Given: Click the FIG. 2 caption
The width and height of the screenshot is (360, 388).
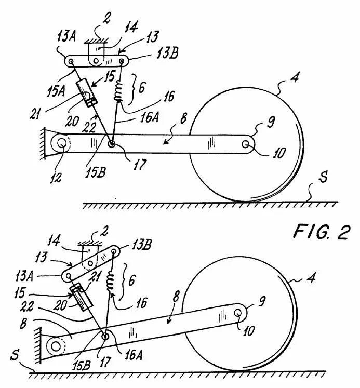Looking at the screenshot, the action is (x=322, y=232).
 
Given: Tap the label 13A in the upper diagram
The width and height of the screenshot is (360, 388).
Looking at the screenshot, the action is (x=66, y=37).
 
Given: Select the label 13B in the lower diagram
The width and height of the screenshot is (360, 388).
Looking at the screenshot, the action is (x=141, y=245).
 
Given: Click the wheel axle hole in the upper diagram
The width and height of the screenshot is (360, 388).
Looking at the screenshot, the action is (x=246, y=144).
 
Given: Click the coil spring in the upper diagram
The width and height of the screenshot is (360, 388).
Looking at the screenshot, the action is (x=118, y=91).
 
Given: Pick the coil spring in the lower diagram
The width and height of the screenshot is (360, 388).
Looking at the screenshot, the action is (x=111, y=282).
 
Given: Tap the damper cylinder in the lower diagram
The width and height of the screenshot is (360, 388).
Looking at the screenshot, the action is (x=81, y=297).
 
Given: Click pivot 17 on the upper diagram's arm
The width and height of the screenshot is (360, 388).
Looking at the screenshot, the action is (x=112, y=143).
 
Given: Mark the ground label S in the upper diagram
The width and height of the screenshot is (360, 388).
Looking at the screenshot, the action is (x=324, y=177).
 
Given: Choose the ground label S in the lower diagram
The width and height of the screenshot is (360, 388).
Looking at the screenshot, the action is (x=15, y=354).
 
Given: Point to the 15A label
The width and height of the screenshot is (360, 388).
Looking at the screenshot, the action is (x=56, y=91).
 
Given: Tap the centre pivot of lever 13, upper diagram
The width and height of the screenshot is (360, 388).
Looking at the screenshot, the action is (x=96, y=61).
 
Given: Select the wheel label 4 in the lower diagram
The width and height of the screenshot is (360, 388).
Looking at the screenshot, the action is (x=311, y=278).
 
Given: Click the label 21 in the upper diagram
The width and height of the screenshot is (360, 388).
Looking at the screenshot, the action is (x=35, y=114).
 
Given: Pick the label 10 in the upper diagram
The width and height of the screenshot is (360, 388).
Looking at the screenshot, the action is (x=279, y=153).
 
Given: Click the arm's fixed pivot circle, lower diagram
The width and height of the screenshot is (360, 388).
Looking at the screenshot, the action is (x=56, y=346).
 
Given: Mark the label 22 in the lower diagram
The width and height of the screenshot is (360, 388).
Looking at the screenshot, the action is (x=27, y=306).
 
